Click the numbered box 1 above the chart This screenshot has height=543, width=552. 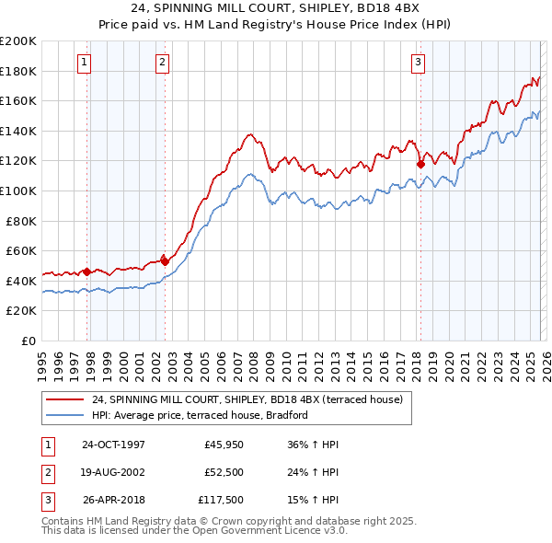point(84,63)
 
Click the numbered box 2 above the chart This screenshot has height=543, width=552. point(162,63)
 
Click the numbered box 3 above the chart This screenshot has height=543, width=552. point(418,63)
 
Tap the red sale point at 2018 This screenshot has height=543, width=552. point(420,165)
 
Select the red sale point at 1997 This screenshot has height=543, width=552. point(87,271)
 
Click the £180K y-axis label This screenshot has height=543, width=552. point(19,71)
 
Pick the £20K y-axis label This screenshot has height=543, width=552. point(23,311)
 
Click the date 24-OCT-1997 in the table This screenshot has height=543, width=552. point(113,445)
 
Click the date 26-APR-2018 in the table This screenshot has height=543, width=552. point(113,502)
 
